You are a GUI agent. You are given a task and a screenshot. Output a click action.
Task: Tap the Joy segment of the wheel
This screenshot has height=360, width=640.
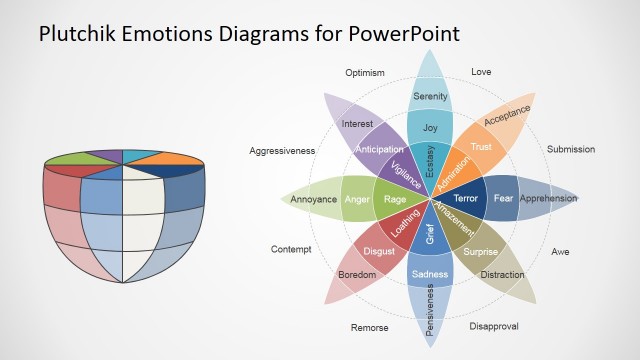pyautogui.click(x=430, y=128)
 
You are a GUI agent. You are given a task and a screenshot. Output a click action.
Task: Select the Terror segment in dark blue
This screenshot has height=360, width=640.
pyautogui.click(x=467, y=198)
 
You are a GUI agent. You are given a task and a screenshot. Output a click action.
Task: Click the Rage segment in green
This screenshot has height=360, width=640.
pyautogui.click(x=394, y=198)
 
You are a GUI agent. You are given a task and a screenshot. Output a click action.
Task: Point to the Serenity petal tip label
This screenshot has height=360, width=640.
pyautogui.click(x=430, y=96)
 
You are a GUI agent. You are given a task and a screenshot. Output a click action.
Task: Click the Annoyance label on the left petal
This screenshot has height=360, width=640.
pyautogui.click(x=313, y=199)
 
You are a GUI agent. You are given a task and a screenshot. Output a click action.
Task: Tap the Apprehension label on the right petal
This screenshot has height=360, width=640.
pyautogui.click(x=548, y=198)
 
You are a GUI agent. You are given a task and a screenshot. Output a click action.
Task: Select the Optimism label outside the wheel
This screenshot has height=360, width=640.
pyautogui.click(x=365, y=73)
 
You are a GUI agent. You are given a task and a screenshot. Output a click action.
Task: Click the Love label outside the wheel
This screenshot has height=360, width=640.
pyautogui.click(x=481, y=72)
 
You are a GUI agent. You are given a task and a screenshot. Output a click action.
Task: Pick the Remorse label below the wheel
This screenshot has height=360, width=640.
pyautogui.click(x=369, y=327)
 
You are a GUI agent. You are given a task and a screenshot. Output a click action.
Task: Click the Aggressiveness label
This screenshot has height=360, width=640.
pyautogui.click(x=282, y=150)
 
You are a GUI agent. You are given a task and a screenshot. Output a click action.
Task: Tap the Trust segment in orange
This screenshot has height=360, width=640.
pyautogui.click(x=482, y=147)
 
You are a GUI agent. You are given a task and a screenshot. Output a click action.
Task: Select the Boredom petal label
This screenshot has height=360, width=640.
pyautogui.click(x=357, y=274)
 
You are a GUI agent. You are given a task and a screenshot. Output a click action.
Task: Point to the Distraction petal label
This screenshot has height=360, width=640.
pyautogui.click(x=502, y=275)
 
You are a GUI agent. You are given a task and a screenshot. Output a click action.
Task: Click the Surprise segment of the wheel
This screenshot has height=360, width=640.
pyautogui.click(x=480, y=251)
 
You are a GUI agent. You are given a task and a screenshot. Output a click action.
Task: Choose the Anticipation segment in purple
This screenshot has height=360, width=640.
pyautogui.click(x=379, y=149)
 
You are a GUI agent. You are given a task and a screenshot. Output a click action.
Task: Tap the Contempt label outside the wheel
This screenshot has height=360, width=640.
pyautogui.click(x=291, y=249)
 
